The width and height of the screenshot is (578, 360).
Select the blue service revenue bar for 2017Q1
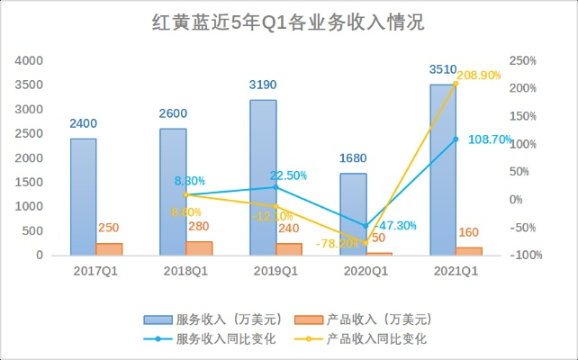pyautogui.click(x=84, y=196)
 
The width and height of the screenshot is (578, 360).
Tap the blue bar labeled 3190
pyautogui.click(x=263, y=177)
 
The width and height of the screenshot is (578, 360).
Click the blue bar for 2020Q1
pyautogui.click(x=353, y=213)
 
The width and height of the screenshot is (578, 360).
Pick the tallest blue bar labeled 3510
pyautogui.click(x=443, y=169)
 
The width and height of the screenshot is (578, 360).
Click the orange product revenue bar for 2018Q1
pyautogui.click(x=199, y=248)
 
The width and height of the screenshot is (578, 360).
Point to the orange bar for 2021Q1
pyautogui.click(x=469, y=251)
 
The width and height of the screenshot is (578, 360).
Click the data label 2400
pyautogui.click(x=83, y=124)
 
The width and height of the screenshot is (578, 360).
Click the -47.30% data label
pyautogui.click(x=395, y=225)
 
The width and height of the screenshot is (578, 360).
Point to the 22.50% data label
pyautogui.click(x=288, y=175)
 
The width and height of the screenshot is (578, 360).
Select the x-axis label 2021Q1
pyautogui.click(x=456, y=269)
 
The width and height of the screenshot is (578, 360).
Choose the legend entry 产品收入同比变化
pyautogui.click(x=376, y=338)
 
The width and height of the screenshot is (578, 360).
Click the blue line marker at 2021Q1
pyautogui.click(x=456, y=139)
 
